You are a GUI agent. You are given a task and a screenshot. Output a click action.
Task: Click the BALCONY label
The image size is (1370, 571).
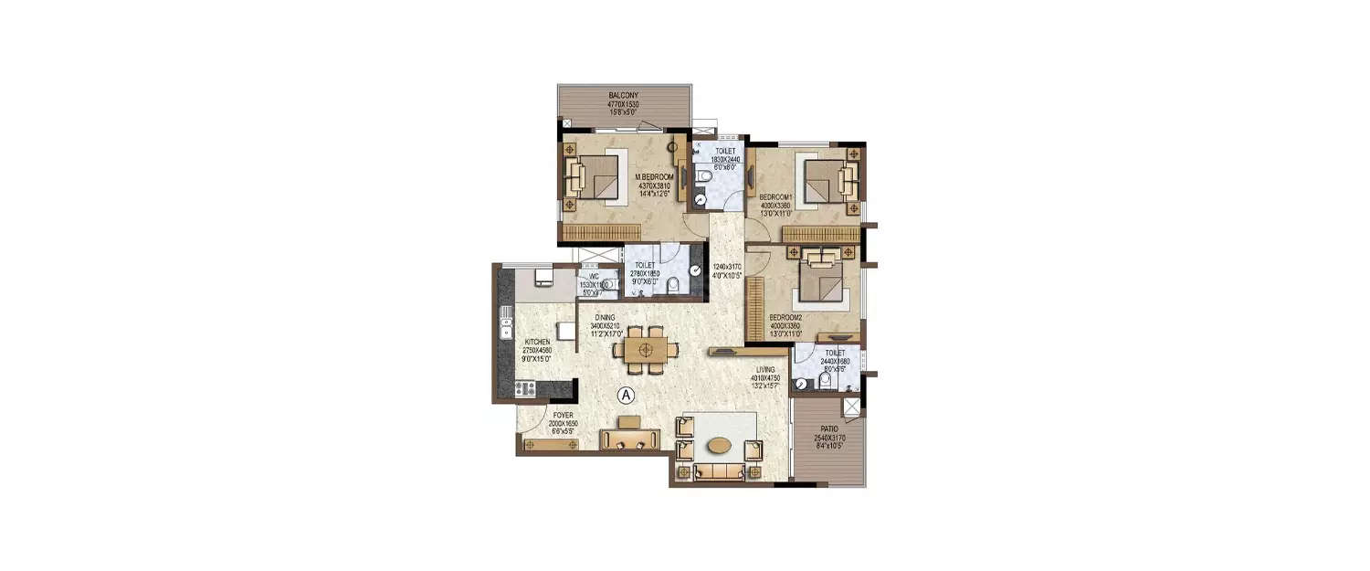624,94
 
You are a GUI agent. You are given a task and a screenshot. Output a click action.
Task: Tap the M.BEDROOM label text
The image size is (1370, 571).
655,177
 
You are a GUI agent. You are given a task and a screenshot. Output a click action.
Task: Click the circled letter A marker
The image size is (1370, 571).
626,395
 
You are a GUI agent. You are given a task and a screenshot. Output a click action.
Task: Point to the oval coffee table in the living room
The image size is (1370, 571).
719,445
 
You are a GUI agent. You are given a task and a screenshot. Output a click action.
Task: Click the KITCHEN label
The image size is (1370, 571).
511,341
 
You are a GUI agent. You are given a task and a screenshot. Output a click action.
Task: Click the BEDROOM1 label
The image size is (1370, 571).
775,196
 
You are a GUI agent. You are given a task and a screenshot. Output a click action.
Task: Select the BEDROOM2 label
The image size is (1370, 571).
785,318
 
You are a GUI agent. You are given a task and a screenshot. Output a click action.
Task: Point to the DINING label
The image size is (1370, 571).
604,317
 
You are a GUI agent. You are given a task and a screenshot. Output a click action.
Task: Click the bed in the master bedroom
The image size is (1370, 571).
596,175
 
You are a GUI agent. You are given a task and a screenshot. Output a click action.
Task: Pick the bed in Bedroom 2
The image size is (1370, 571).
822,280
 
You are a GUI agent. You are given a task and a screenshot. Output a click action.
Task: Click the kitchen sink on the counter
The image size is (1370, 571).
505,323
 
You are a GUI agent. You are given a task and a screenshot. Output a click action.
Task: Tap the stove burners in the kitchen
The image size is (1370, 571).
524,388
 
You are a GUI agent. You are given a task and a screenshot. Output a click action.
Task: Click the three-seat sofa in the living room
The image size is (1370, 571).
718,472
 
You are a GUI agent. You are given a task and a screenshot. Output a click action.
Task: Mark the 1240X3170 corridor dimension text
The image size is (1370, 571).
727,267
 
